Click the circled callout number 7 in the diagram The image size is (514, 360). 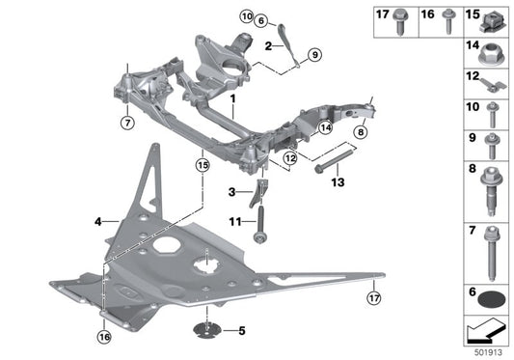125,123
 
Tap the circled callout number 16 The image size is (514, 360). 104,336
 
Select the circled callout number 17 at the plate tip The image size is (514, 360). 373,298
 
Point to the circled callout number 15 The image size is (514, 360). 202,166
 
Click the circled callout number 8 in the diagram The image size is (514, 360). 360,133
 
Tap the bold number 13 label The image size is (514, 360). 338,181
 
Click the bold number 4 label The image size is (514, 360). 98,222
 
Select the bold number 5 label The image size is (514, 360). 242,331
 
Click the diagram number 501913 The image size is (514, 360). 489,351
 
